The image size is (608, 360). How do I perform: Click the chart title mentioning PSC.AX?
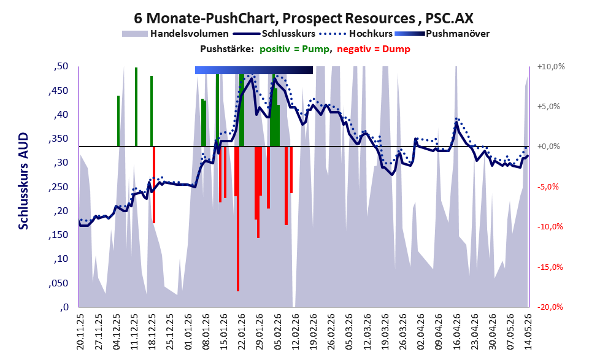pos(304,18)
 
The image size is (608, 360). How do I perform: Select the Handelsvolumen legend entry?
pos(175,34)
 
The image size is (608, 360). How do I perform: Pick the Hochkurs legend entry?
pos(356,34)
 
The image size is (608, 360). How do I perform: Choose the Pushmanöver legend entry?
pos(442,34)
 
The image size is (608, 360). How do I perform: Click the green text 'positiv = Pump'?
pos(295,49)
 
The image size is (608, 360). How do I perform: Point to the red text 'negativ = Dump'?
pos(374,49)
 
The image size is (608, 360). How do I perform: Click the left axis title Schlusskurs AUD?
pos(24,181)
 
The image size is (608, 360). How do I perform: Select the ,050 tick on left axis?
pos(58,283)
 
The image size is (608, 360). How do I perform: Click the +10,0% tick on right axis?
pos(551,67)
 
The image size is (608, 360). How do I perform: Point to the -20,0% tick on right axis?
pos(550,307)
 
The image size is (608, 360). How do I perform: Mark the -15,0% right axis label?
pos(550,267)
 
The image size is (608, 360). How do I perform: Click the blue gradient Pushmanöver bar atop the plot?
pos(254,70)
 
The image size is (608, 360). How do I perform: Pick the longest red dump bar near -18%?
pos(238,219)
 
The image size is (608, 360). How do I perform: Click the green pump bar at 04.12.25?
pos(118,121)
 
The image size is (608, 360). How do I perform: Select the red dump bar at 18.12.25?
pos(154,185)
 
